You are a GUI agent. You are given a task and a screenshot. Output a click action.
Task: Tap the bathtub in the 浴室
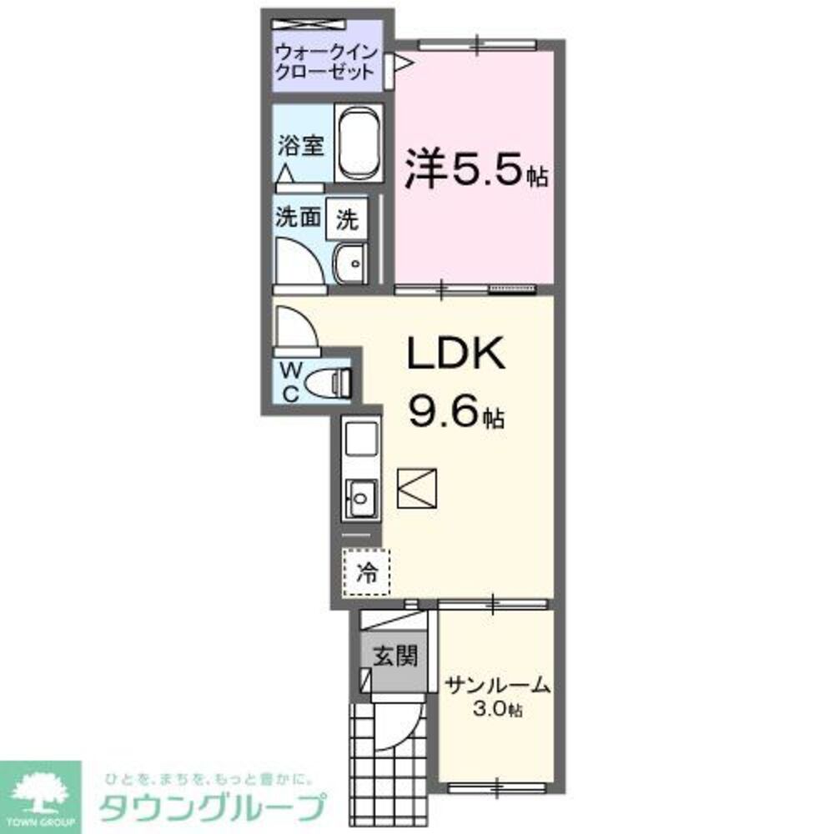[x=359, y=143]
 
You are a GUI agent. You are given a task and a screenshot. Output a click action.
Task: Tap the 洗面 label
[x=299, y=218]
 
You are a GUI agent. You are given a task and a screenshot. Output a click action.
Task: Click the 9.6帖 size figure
[x=455, y=409]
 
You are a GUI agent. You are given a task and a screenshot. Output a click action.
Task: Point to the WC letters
[x=291, y=380]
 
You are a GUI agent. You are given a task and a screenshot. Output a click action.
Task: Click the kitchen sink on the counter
[x=361, y=499]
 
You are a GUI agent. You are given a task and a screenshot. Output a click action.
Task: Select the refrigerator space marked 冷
[x=366, y=571]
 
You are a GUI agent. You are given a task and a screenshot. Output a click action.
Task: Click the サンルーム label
[x=497, y=686]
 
